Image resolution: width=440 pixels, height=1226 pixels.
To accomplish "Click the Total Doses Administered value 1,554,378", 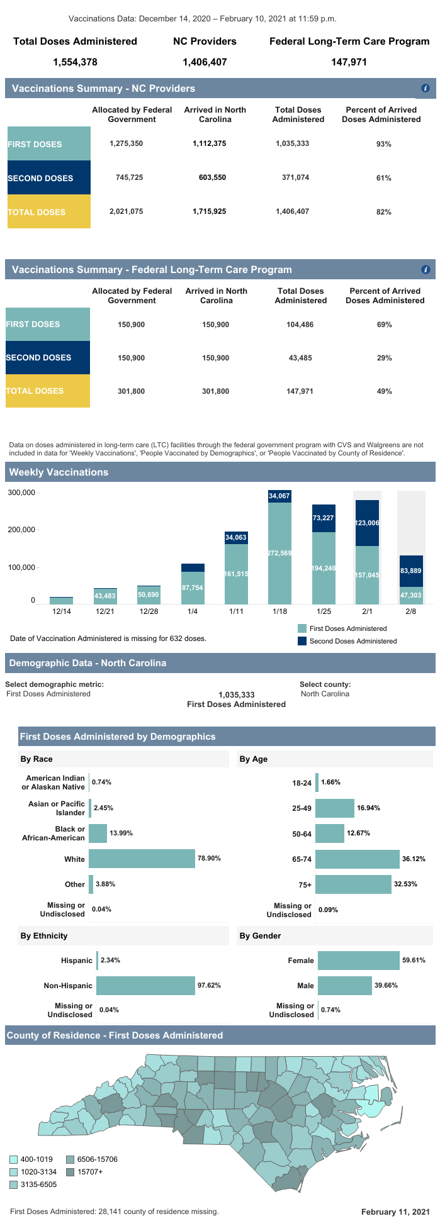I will point(75,62).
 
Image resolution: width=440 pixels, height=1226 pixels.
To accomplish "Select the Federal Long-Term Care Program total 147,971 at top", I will point(349,62).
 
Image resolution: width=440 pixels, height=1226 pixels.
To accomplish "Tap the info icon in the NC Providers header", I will point(426,89).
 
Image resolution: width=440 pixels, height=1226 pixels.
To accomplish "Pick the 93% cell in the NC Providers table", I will point(384,144).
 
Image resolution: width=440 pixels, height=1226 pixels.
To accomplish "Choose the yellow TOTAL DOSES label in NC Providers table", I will point(48,212).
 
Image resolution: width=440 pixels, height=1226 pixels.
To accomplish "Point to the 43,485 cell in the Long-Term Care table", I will point(300,358).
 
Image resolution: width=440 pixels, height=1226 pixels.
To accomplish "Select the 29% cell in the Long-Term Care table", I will point(384,358).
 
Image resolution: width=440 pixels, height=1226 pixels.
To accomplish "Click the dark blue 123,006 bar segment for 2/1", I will point(367,523).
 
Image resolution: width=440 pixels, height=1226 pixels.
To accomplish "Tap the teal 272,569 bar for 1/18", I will point(279,553).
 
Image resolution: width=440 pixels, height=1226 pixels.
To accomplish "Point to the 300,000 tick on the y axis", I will point(21,493).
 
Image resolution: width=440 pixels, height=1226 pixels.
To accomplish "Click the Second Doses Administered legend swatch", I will point(302,641).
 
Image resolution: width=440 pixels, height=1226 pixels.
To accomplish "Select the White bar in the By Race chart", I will point(142,859).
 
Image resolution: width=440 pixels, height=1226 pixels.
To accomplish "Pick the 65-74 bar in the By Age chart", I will point(358,859).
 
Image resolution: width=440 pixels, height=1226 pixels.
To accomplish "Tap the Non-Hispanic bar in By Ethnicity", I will point(145,986).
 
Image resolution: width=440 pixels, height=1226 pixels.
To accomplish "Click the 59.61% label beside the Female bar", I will point(414,961).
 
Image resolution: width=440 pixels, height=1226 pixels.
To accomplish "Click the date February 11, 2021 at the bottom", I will point(395,1212).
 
